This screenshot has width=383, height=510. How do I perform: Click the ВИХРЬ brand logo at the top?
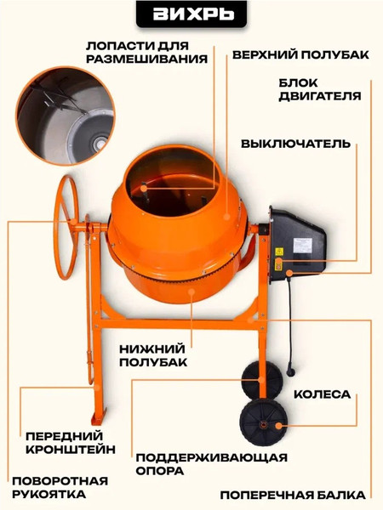click(191, 15)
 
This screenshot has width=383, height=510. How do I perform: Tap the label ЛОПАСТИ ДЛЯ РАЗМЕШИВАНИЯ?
click(147, 52)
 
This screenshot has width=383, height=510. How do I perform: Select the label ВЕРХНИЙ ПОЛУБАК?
click(300, 54)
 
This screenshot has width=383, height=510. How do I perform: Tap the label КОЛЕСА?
click(322, 395)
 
